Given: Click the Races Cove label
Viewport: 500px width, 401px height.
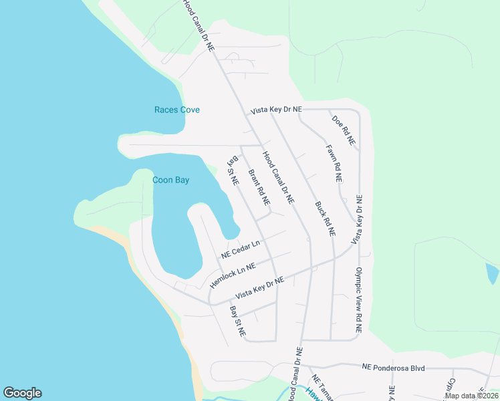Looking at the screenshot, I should tap(177, 110).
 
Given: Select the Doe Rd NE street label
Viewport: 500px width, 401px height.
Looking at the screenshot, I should tap(344, 131).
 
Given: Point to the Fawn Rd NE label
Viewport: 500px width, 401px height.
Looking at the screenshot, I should tap(334, 164).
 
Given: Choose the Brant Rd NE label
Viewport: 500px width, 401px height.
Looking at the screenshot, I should tap(259, 187).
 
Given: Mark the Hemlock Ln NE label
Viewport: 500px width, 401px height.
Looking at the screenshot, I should tap(233, 275).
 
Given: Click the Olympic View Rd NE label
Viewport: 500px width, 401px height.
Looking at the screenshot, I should tap(358, 301).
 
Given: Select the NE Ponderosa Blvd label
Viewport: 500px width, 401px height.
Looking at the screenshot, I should tap(394, 367).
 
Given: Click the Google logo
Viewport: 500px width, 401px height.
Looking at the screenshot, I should tap(22, 393).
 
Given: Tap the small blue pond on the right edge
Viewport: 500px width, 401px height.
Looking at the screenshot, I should tap(492, 273).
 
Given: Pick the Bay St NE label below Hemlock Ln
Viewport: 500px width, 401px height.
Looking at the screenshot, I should tap(237, 321).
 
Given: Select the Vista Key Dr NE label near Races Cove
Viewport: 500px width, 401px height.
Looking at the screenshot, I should tap(276, 109).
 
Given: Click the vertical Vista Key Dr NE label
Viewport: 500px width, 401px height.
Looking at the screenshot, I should tap(359, 219).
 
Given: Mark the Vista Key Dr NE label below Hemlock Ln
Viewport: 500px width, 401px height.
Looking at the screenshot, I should tap(260, 288).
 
